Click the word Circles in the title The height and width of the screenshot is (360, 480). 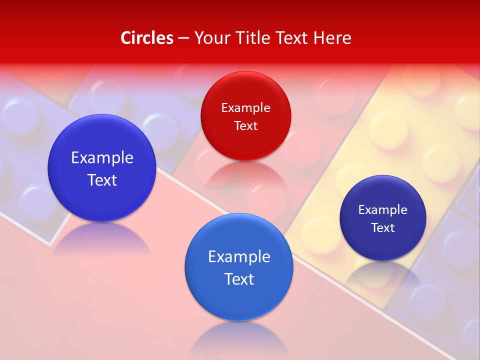tap(146, 38)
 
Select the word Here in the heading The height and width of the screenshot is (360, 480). tap(332, 38)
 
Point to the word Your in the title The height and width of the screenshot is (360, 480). tap(210, 38)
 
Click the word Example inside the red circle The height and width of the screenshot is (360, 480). tap(245, 108)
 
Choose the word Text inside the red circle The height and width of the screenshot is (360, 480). tap(245, 126)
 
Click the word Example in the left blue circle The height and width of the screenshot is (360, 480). tap(102, 158)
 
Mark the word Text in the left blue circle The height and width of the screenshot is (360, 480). tap(102, 180)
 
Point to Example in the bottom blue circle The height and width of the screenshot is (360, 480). tap(239, 257)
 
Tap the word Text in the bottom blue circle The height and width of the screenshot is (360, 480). tap(239, 279)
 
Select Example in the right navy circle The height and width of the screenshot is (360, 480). tap(383, 210)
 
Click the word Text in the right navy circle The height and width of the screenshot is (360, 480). tap(383, 228)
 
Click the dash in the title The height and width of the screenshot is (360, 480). tap(183, 38)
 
